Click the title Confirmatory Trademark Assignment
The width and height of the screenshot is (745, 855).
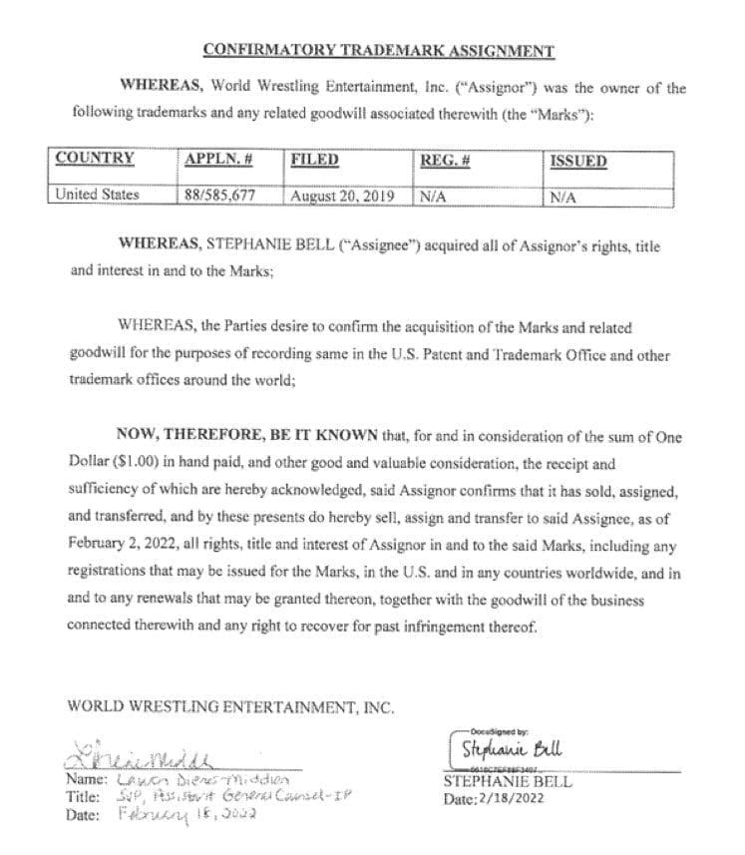coord(378,50)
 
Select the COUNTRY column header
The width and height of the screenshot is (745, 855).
coord(96,160)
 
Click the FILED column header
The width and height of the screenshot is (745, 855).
coord(315,160)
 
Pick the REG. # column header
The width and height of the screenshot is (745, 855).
coord(446,160)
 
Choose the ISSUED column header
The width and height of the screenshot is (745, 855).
coord(578,161)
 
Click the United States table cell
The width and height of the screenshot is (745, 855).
coord(98,195)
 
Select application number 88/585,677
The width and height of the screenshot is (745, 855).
coord(220,195)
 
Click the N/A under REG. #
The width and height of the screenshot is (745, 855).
coord(433,197)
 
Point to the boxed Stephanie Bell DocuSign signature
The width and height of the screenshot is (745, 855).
coord(506,748)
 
